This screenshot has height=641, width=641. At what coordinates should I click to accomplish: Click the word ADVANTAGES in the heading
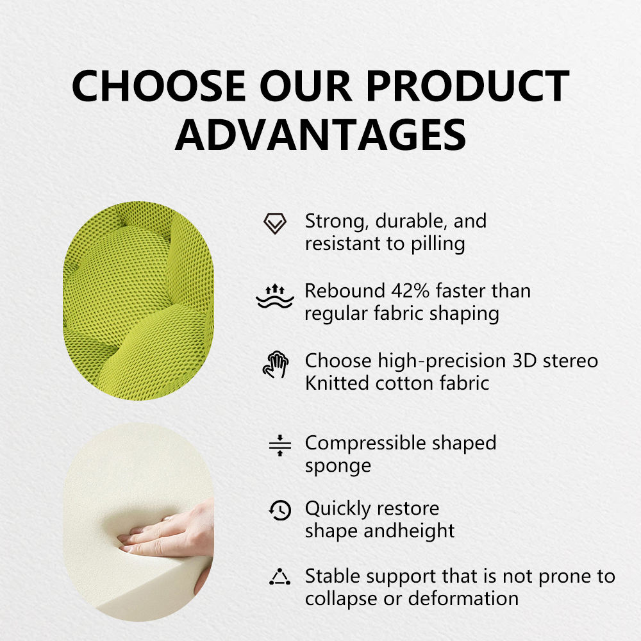320,135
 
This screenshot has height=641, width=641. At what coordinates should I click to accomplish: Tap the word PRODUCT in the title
467,86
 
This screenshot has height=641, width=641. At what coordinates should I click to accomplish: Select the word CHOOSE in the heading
159,86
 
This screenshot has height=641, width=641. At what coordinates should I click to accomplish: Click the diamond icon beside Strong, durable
275,223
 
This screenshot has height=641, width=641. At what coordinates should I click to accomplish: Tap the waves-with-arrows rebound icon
275,296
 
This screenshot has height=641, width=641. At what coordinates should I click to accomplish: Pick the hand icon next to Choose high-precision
276,364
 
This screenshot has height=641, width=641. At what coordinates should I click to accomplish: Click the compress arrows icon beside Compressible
280,445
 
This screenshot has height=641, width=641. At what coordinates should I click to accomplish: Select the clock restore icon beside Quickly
280,510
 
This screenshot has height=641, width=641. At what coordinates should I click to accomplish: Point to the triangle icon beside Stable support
280,577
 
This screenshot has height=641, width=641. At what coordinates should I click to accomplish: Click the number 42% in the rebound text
410,291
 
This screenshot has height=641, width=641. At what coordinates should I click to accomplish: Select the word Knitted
337,383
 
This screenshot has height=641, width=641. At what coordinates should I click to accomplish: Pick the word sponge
338,467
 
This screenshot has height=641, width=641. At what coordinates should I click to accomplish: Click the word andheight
409,531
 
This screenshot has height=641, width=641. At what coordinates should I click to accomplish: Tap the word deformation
463,599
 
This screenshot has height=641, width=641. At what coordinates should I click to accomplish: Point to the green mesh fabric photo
138,301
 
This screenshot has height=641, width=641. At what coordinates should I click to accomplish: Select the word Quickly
338,510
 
